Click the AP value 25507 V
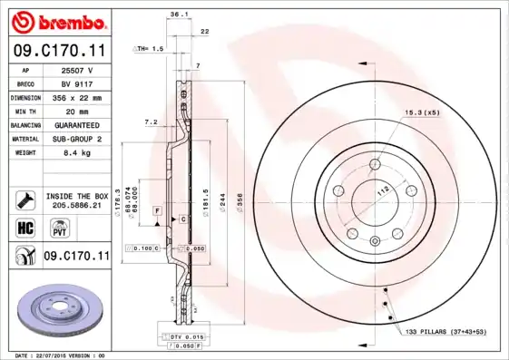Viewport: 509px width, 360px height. click(x=76, y=69)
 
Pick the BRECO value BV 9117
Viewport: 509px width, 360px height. click(x=76, y=83)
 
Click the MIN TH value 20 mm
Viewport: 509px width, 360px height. click(x=76, y=110)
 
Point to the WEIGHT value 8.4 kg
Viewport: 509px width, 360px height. click(x=76, y=152)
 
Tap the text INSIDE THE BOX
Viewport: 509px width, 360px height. click(x=76, y=196)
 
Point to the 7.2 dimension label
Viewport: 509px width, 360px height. click(x=151, y=122)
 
